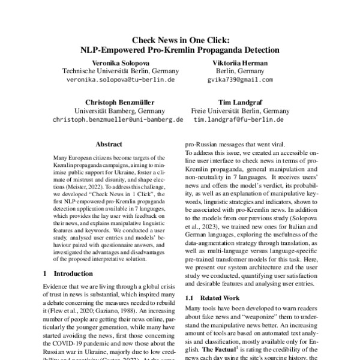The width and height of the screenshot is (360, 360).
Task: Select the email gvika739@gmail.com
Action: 240,79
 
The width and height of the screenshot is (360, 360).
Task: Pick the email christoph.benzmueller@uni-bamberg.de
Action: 118,120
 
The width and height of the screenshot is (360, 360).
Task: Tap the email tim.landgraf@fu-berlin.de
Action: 239,120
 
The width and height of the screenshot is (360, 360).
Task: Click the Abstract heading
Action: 109,145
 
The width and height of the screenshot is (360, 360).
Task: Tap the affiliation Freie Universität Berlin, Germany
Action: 240,111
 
